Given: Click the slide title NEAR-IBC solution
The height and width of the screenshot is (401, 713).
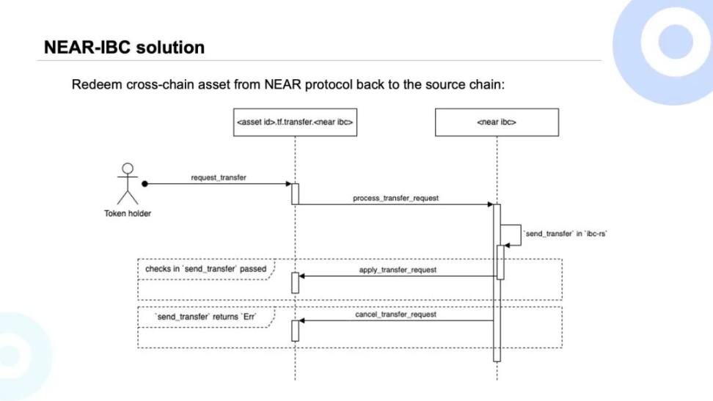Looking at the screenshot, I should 124,48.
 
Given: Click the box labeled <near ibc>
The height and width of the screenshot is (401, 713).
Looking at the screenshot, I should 497,122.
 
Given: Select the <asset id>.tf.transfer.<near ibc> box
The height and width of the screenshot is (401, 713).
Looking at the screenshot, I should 295,122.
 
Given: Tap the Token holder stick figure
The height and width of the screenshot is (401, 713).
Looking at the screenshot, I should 128,183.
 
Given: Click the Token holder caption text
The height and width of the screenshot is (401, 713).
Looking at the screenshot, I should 128,214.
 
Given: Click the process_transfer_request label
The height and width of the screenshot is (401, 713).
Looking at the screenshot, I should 395,199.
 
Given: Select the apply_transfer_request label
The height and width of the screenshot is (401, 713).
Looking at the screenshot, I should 398,270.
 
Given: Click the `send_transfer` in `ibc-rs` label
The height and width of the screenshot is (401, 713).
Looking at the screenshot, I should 566,233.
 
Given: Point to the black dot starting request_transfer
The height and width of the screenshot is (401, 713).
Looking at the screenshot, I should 145,184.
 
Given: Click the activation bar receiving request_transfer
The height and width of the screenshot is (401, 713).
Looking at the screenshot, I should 295,194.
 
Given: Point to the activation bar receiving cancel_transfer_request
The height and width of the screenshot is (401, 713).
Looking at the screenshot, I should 295,330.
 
